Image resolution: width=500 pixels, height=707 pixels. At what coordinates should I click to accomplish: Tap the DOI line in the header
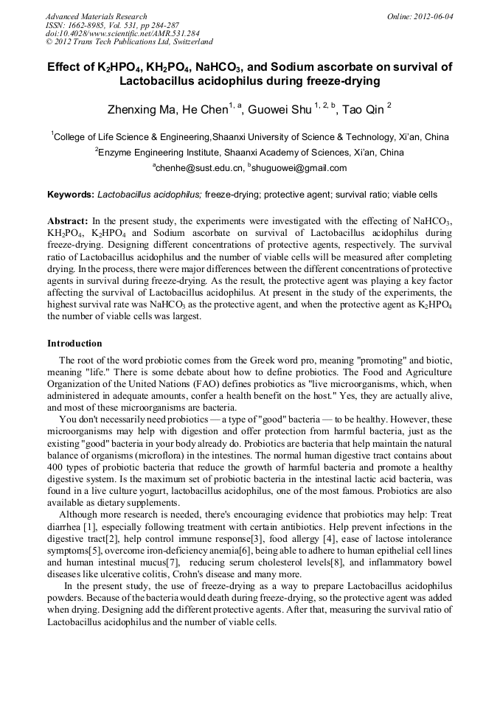[x=122, y=34]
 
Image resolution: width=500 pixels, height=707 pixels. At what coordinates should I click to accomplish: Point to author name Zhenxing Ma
[x=143, y=111]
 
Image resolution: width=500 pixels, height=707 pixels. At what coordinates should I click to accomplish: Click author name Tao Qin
[x=364, y=111]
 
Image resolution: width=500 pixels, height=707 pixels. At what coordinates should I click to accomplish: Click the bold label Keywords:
[x=71, y=195]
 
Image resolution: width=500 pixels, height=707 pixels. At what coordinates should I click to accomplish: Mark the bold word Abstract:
[x=68, y=221]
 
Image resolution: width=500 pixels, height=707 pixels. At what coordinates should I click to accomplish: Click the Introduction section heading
[x=74, y=344]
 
